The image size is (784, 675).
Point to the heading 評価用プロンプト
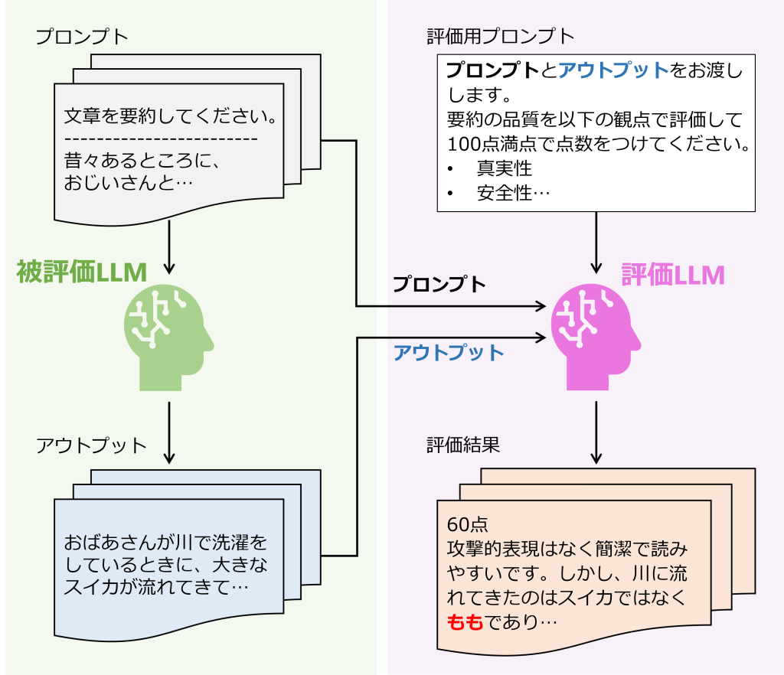coord(500,36)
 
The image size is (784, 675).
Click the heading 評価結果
coord(463,445)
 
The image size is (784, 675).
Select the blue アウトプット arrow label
coord(448,353)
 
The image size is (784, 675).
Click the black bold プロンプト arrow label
coord(439,285)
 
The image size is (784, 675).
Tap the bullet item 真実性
coord(504,168)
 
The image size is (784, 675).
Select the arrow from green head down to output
coord(169,432)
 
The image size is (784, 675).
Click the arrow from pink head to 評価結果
coord(596,432)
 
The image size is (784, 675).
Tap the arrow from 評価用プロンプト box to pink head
coord(596,242)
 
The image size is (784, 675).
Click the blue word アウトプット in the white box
coord(613,71)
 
